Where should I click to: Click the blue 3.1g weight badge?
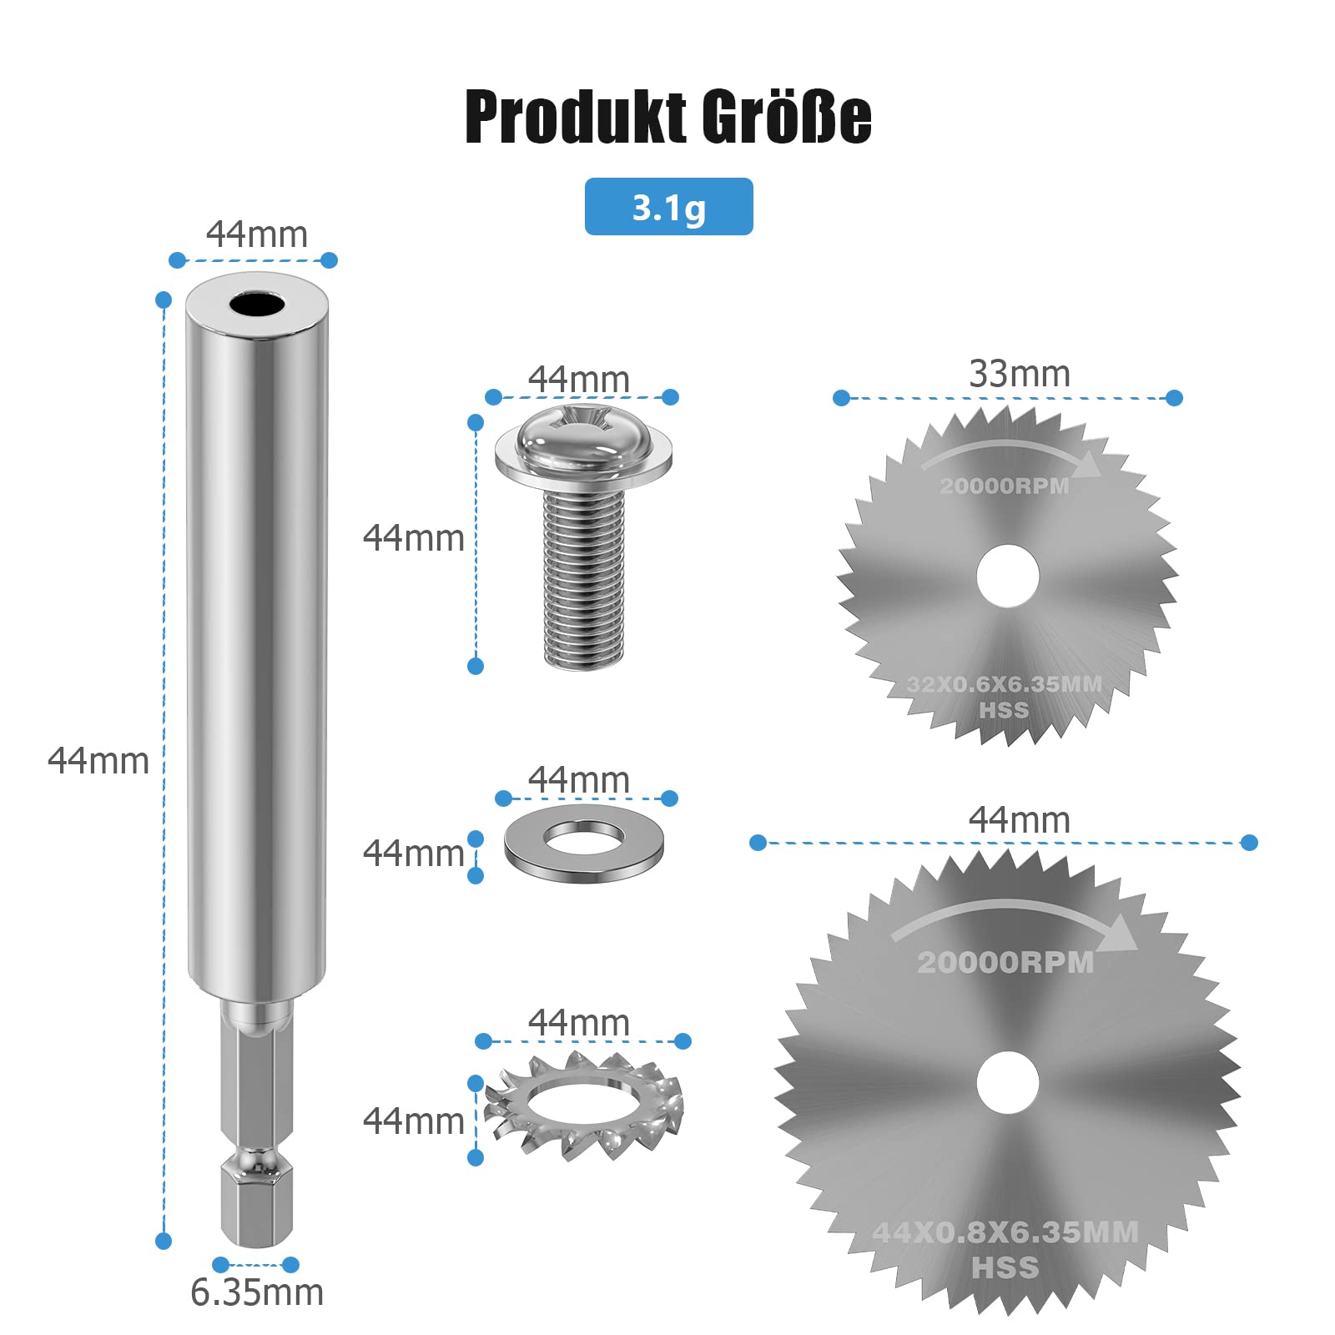coord(668,206)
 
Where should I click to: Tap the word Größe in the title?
coord(786,116)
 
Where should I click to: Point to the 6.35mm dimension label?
coord(257,1292)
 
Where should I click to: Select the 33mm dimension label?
coord(1020,374)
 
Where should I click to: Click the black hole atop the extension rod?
coord(257,304)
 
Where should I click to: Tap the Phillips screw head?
coord(583,451)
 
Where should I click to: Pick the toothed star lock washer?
coord(584,1103)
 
